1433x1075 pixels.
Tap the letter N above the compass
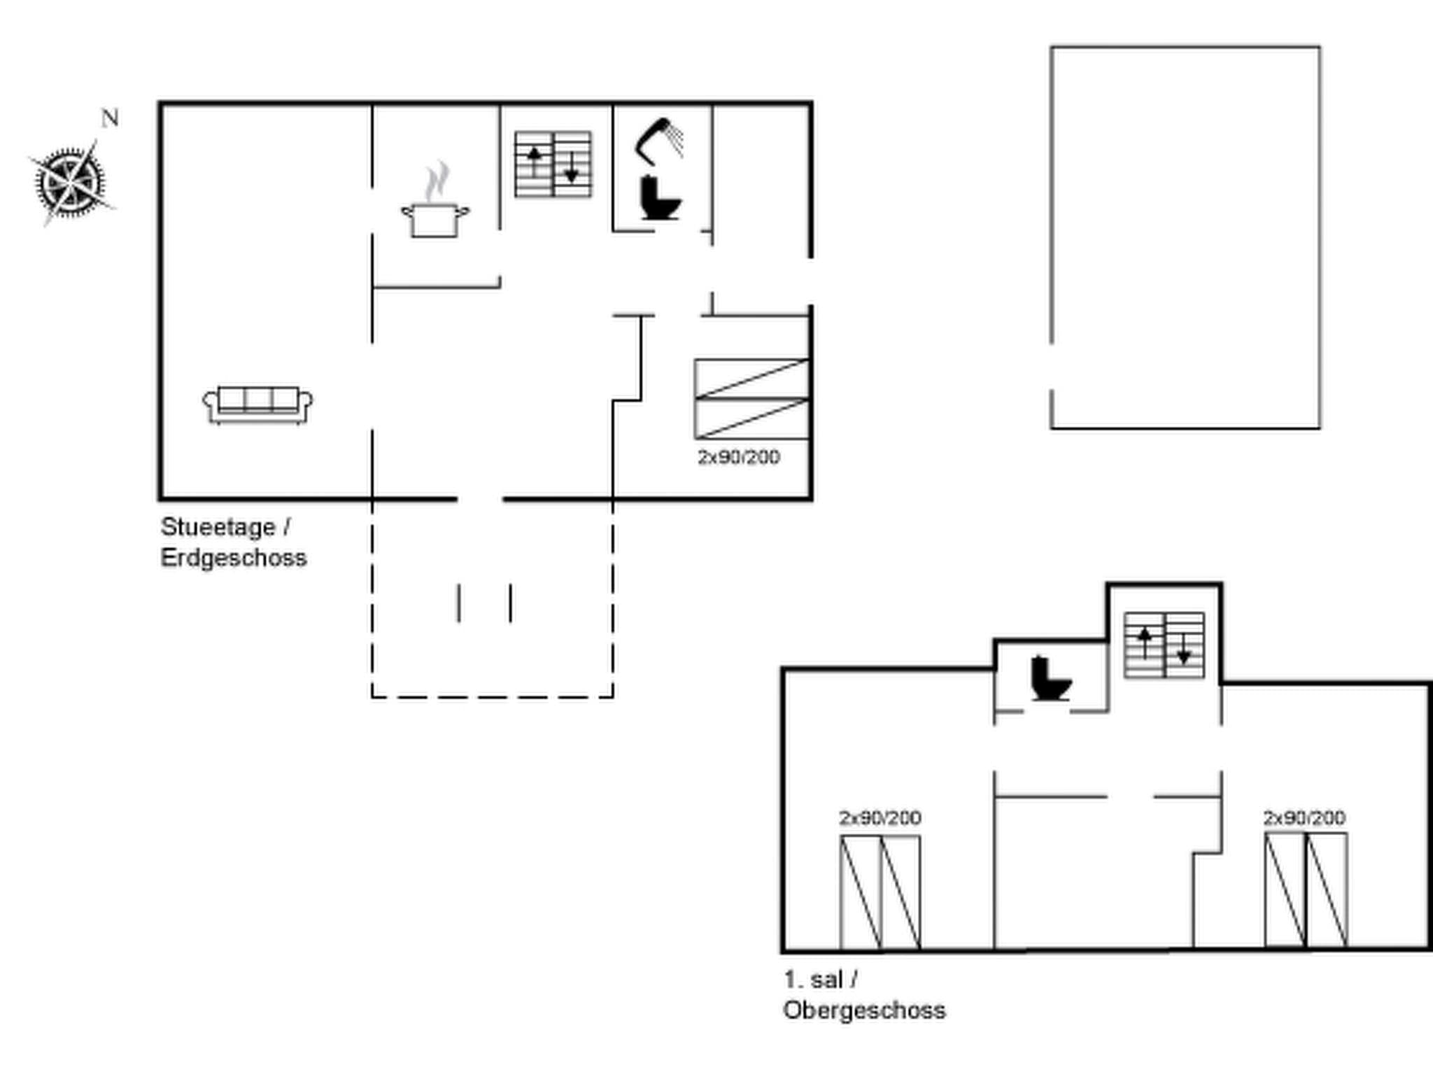click(x=110, y=119)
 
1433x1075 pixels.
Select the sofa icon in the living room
click(x=257, y=405)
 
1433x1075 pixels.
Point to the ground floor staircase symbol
click(x=553, y=164)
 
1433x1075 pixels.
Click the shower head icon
click(x=659, y=140)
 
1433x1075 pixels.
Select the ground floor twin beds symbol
click(x=751, y=399)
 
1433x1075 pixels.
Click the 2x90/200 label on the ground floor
click(x=738, y=457)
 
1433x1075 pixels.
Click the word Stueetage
click(x=218, y=527)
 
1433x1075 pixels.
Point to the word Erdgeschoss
click(x=234, y=558)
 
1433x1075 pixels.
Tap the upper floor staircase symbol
click(x=1164, y=645)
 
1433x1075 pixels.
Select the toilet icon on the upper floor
click(x=1050, y=678)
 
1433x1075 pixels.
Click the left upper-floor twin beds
click(x=880, y=892)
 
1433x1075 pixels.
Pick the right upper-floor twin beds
click(x=1306, y=890)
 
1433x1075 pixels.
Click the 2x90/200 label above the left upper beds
click(x=880, y=817)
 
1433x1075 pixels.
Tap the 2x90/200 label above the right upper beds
click(x=1304, y=817)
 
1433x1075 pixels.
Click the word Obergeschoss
click(x=864, y=1010)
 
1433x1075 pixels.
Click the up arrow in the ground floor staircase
click(x=535, y=161)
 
